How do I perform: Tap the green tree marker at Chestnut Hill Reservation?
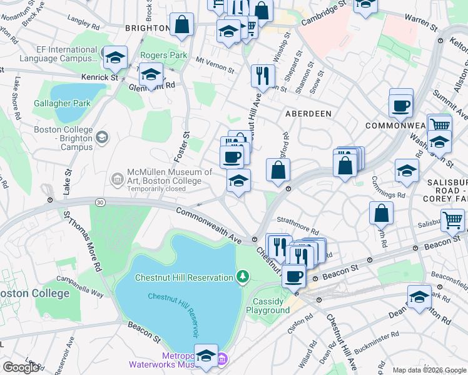pyautogui.click(x=243, y=276)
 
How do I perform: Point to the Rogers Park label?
pyautogui.click(x=164, y=56)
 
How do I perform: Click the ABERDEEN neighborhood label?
pyautogui.click(x=307, y=114)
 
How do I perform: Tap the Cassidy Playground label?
pyautogui.click(x=271, y=306)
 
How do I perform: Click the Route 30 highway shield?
pyautogui.click(x=100, y=201)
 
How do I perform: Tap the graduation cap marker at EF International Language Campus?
pyautogui.click(x=115, y=58)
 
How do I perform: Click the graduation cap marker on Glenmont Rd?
pyautogui.click(x=151, y=76)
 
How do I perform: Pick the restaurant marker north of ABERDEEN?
pyautogui.click(x=263, y=76)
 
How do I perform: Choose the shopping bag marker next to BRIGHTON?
pyautogui.click(x=181, y=26)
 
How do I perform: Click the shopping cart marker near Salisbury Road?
pyautogui.click(x=453, y=219)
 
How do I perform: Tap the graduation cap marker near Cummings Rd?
pyautogui.click(x=407, y=169)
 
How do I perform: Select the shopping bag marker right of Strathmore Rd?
pyautogui.click(x=381, y=213)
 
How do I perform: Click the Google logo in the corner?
pyautogui.click(x=21, y=367)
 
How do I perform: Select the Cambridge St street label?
pyautogui.click(x=323, y=12)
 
